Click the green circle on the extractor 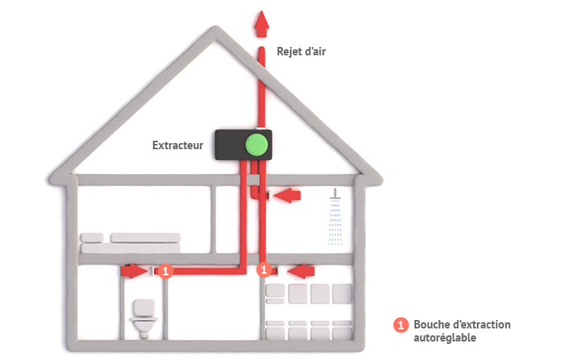pos(255,144)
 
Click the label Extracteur pos(178,144)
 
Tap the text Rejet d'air pos(296,52)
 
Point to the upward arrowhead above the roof pos(262,22)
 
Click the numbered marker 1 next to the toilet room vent pos(168,271)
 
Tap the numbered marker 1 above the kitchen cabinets pos(262,270)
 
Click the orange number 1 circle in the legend pos(400,325)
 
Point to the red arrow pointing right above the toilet pos(134,271)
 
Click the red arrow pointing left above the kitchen pos(301,270)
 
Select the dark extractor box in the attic pos(231,144)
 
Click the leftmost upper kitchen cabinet pos(275,292)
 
